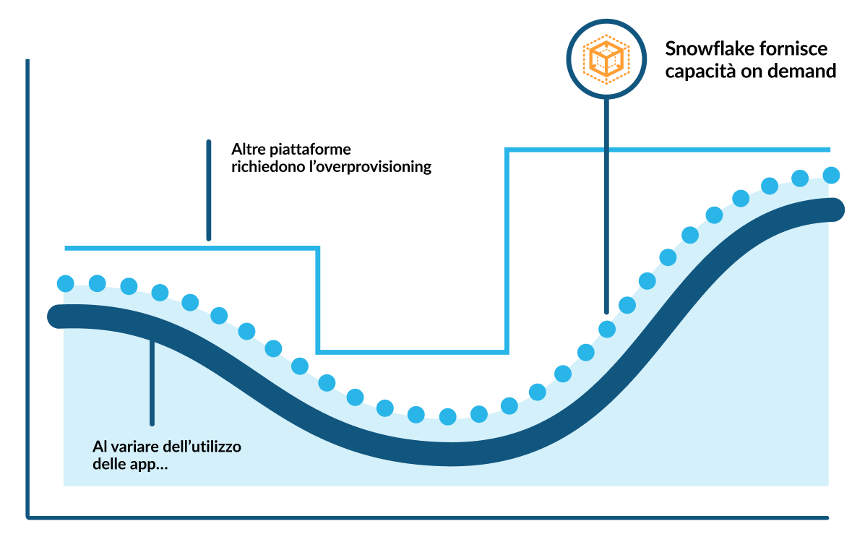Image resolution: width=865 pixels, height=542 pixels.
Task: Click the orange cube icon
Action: pyautogui.click(x=606, y=58)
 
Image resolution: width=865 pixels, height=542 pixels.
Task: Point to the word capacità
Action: pyautogui.click(x=695, y=72)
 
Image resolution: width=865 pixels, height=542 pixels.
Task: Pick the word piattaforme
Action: pyautogui.click(x=311, y=150)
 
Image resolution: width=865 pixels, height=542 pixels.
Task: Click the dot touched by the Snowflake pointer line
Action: pyautogui.click(x=607, y=329)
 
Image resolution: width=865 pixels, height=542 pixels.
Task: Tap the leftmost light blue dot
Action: pyautogui.click(x=66, y=283)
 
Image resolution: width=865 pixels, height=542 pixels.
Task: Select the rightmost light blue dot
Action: pyautogui.click(x=831, y=175)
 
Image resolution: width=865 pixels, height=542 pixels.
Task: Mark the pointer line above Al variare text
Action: pyautogui.click(x=152, y=383)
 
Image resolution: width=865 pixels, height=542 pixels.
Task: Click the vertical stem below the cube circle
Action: pyautogui.click(x=606, y=202)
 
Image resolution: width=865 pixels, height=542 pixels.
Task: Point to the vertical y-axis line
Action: pyautogui.click(x=27, y=289)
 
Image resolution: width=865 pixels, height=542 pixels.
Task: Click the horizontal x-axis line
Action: pyautogui.click(x=426, y=517)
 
